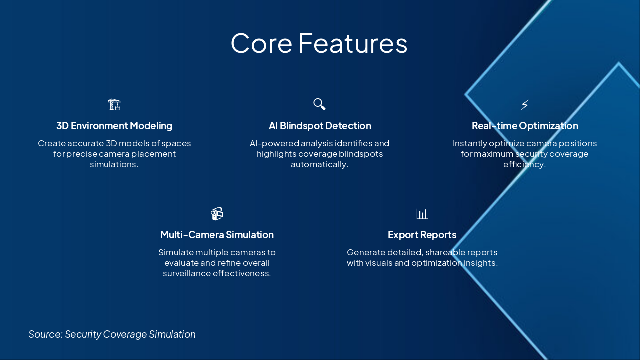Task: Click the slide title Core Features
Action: click(319, 43)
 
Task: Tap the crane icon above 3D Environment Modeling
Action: click(114, 104)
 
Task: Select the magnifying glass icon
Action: click(319, 104)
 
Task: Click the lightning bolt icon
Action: click(525, 105)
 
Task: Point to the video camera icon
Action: click(217, 214)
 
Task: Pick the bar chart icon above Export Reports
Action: click(422, 213)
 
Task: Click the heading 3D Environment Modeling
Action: click(114, 126)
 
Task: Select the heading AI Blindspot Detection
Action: click(320, 126)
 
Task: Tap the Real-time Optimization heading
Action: click(525, 126)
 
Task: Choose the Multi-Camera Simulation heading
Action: click(217, 235)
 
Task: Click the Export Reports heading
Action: click(422, 235)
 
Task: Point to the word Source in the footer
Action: click(45, 334)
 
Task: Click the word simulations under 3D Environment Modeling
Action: click(114, 164)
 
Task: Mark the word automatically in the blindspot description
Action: click(319, 165)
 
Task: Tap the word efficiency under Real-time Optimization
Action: click(525, 165)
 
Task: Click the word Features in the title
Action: click(353, 43)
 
